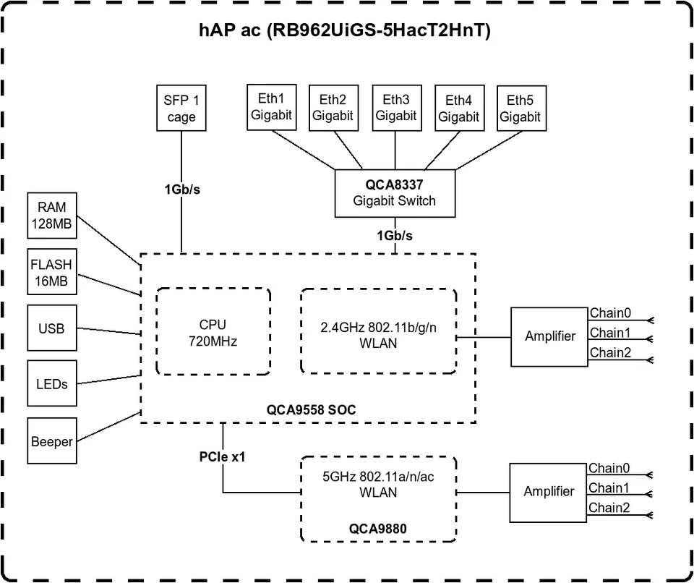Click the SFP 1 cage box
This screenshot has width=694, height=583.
coord(180,108)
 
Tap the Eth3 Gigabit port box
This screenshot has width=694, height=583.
coord(395,107)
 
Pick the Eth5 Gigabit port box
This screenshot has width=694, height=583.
coord(520,108)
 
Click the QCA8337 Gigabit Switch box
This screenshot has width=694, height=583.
coord(395,193)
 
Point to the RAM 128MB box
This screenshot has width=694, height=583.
coord(51,216)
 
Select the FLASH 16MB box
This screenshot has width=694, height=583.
coord(51,272)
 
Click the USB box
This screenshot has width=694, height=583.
coord(51,328)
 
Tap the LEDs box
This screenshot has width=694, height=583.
coord(51,384)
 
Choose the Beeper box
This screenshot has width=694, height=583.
coord(51,441)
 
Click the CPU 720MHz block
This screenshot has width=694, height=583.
coord(213,332)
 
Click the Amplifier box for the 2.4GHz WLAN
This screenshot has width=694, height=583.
coord(549,336)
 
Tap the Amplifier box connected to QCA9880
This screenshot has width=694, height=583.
coord(549,492)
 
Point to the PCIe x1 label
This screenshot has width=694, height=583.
coord(223,457)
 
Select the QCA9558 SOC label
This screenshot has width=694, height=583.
coord(311,410)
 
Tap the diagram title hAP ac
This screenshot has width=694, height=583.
coord(345,31)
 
